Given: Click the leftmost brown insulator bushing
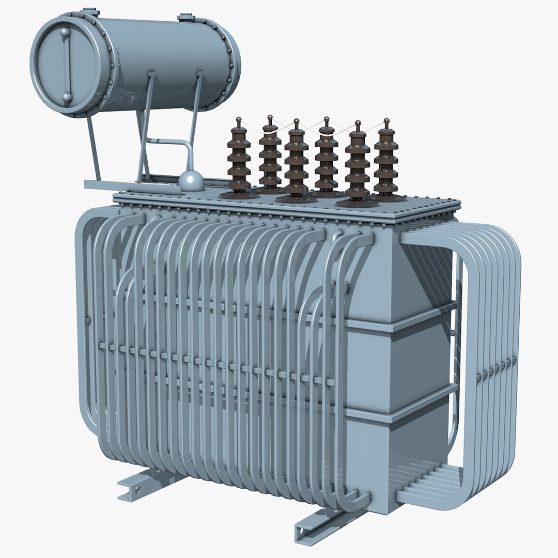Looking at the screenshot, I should click(x=239, y=160).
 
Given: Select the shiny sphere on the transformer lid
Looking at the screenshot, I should click(x=191, y=180).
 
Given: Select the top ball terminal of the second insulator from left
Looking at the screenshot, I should click(x=269, y=120).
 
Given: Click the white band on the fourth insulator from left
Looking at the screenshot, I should click(x=326, y=133).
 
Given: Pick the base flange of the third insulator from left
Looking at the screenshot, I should click(x=296, y=198).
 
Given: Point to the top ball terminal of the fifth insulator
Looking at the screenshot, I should click(x=357, y=125).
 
